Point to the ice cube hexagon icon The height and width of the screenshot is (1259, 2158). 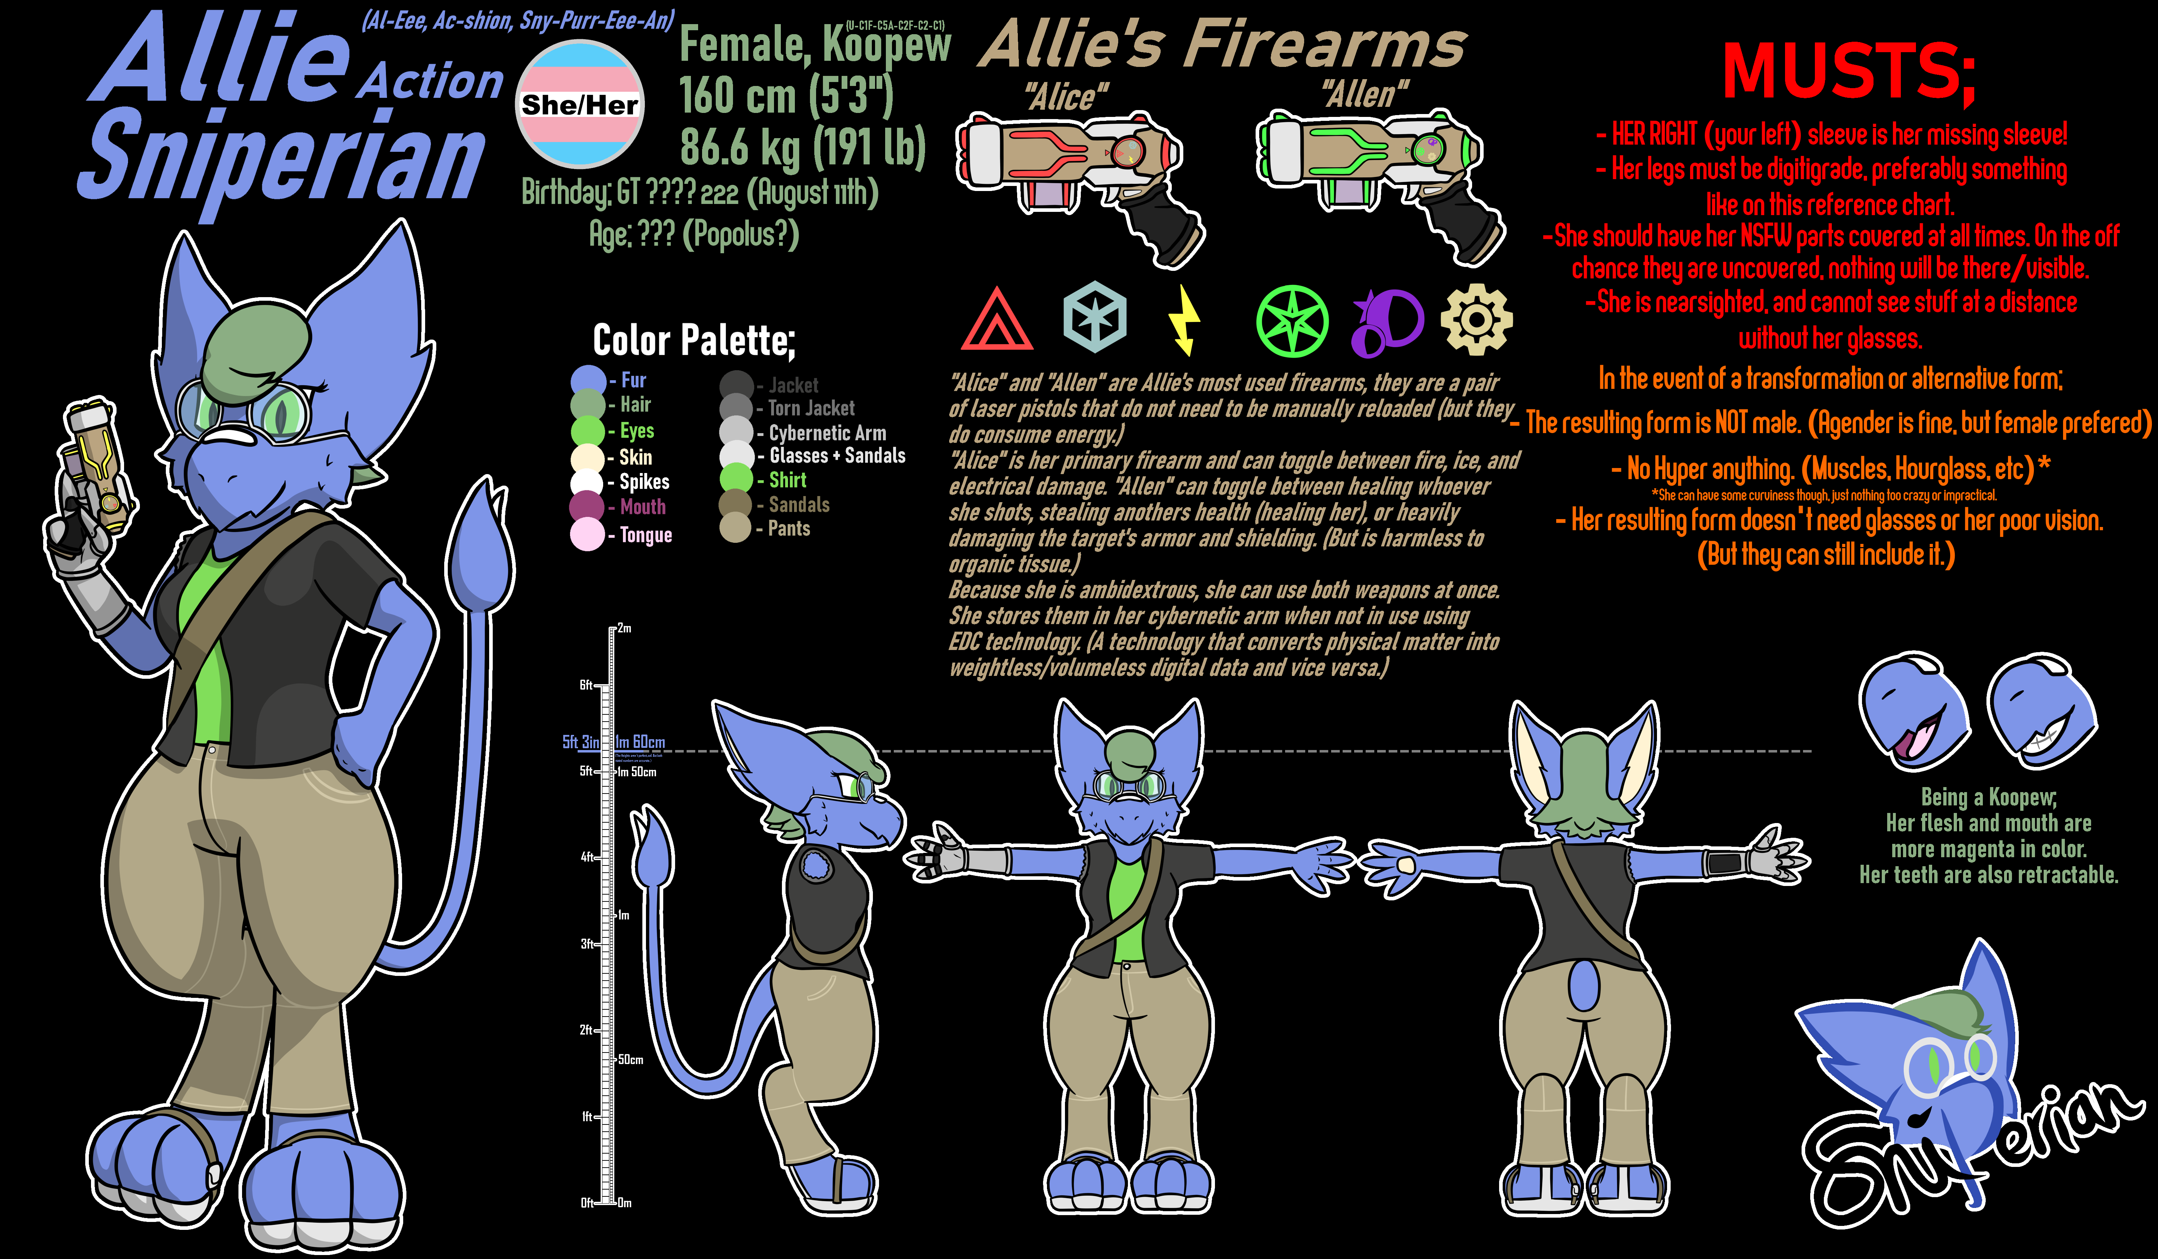1094,317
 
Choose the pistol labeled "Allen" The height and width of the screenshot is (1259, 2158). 1379,180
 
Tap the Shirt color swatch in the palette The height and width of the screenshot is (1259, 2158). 736,479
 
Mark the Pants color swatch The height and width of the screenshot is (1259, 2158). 736,528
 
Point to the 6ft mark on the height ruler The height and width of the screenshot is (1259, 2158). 587,685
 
